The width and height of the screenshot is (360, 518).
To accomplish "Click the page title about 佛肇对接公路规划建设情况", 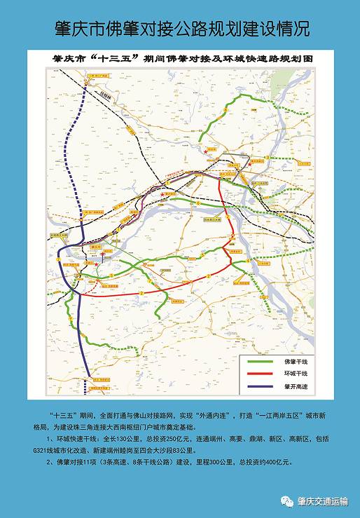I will tap(180, 27).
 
